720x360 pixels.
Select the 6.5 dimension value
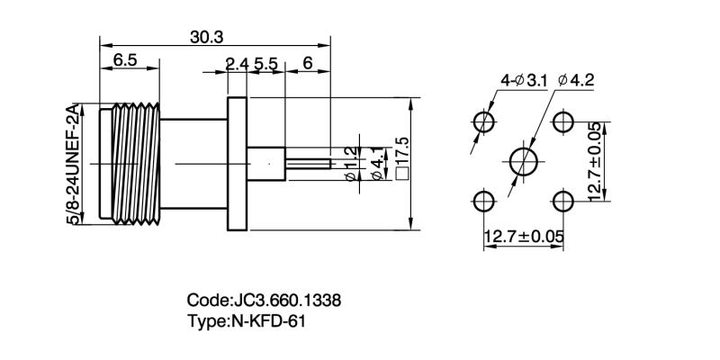click(124, 61)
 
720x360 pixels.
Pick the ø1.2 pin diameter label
click(351, 165)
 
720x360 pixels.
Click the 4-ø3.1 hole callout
click(523, 81)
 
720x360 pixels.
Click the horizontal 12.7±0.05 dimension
click(524, 237)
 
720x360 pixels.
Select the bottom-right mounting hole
click(564, 201)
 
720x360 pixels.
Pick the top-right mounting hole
click(564, 121)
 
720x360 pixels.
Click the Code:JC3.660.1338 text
click(264, 301)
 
